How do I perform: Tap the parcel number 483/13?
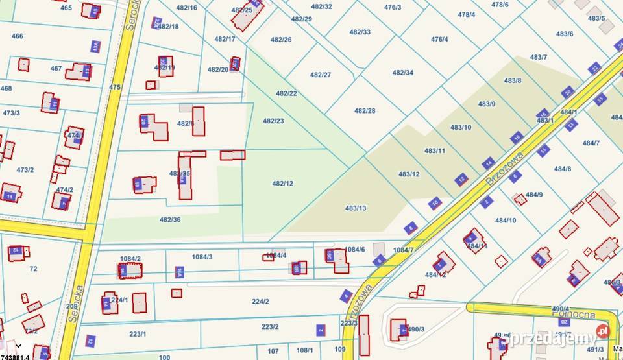[x=356, y=208]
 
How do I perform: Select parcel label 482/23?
[x=273, y=121]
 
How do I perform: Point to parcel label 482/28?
[x=365, y=111]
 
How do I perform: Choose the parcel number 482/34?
[x=402, y=73]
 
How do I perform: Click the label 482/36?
[x=170, y=220]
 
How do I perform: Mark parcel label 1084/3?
[x=202, y=257]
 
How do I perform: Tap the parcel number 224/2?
[x=260, y=302]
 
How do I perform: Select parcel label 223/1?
[x=138, y=334]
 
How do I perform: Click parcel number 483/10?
[x=461, y=127]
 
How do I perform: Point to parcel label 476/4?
[x=439, y=39]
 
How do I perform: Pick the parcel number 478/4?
[x=466, y=14]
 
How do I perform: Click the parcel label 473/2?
[x=25, y=170]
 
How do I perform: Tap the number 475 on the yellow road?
[x=115, y=87]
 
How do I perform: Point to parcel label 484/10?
[x=506, y=221]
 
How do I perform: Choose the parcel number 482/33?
[x=360, y=32]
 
